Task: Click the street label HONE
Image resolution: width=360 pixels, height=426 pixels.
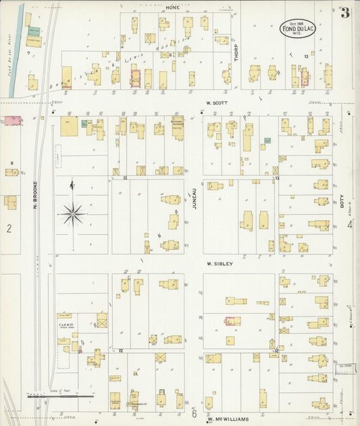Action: (172, 6)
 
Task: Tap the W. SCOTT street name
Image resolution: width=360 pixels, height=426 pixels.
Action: (217, 103)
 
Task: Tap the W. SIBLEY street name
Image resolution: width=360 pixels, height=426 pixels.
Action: (220, 264)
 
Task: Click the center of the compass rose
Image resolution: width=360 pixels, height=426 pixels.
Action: (73, 214)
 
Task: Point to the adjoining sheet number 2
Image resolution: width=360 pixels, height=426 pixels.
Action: (9, 229)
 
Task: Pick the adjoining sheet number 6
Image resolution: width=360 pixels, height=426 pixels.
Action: (194, 411)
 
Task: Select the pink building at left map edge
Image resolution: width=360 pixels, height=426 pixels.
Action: (11, 121)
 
